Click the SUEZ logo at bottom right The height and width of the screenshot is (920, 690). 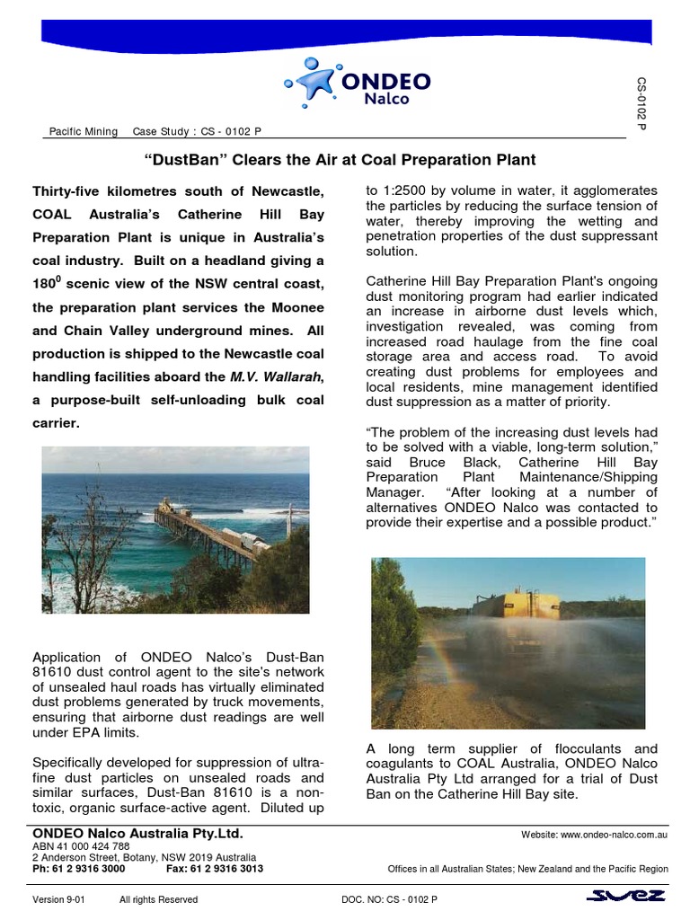pyautogui.click(x=625, y=897)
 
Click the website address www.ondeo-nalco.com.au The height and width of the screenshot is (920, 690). pyautogui.click(x=594, y=836)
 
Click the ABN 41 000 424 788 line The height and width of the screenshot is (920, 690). pyautogui.click(x=81, y=846)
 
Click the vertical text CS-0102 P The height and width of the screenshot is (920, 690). pyautogui.click(x=641, y=103)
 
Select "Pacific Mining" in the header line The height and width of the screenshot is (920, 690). pyautogui.click(x=83, y=132)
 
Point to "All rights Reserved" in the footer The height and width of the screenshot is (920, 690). pyautogui.click(x=158, y=899)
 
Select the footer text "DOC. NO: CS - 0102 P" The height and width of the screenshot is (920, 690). pyautogui.click(x=389, y=899)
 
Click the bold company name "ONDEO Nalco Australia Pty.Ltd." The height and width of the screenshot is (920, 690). pyautogui.click(x=137, y=835)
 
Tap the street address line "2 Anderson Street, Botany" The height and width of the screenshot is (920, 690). pyautogui.click(x=144, y=858)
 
